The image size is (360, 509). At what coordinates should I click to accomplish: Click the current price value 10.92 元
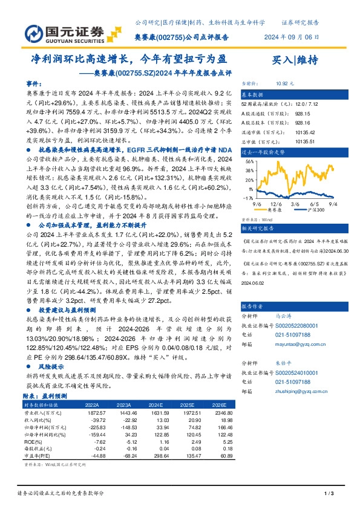284,84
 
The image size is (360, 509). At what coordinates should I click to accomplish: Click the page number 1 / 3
329,494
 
